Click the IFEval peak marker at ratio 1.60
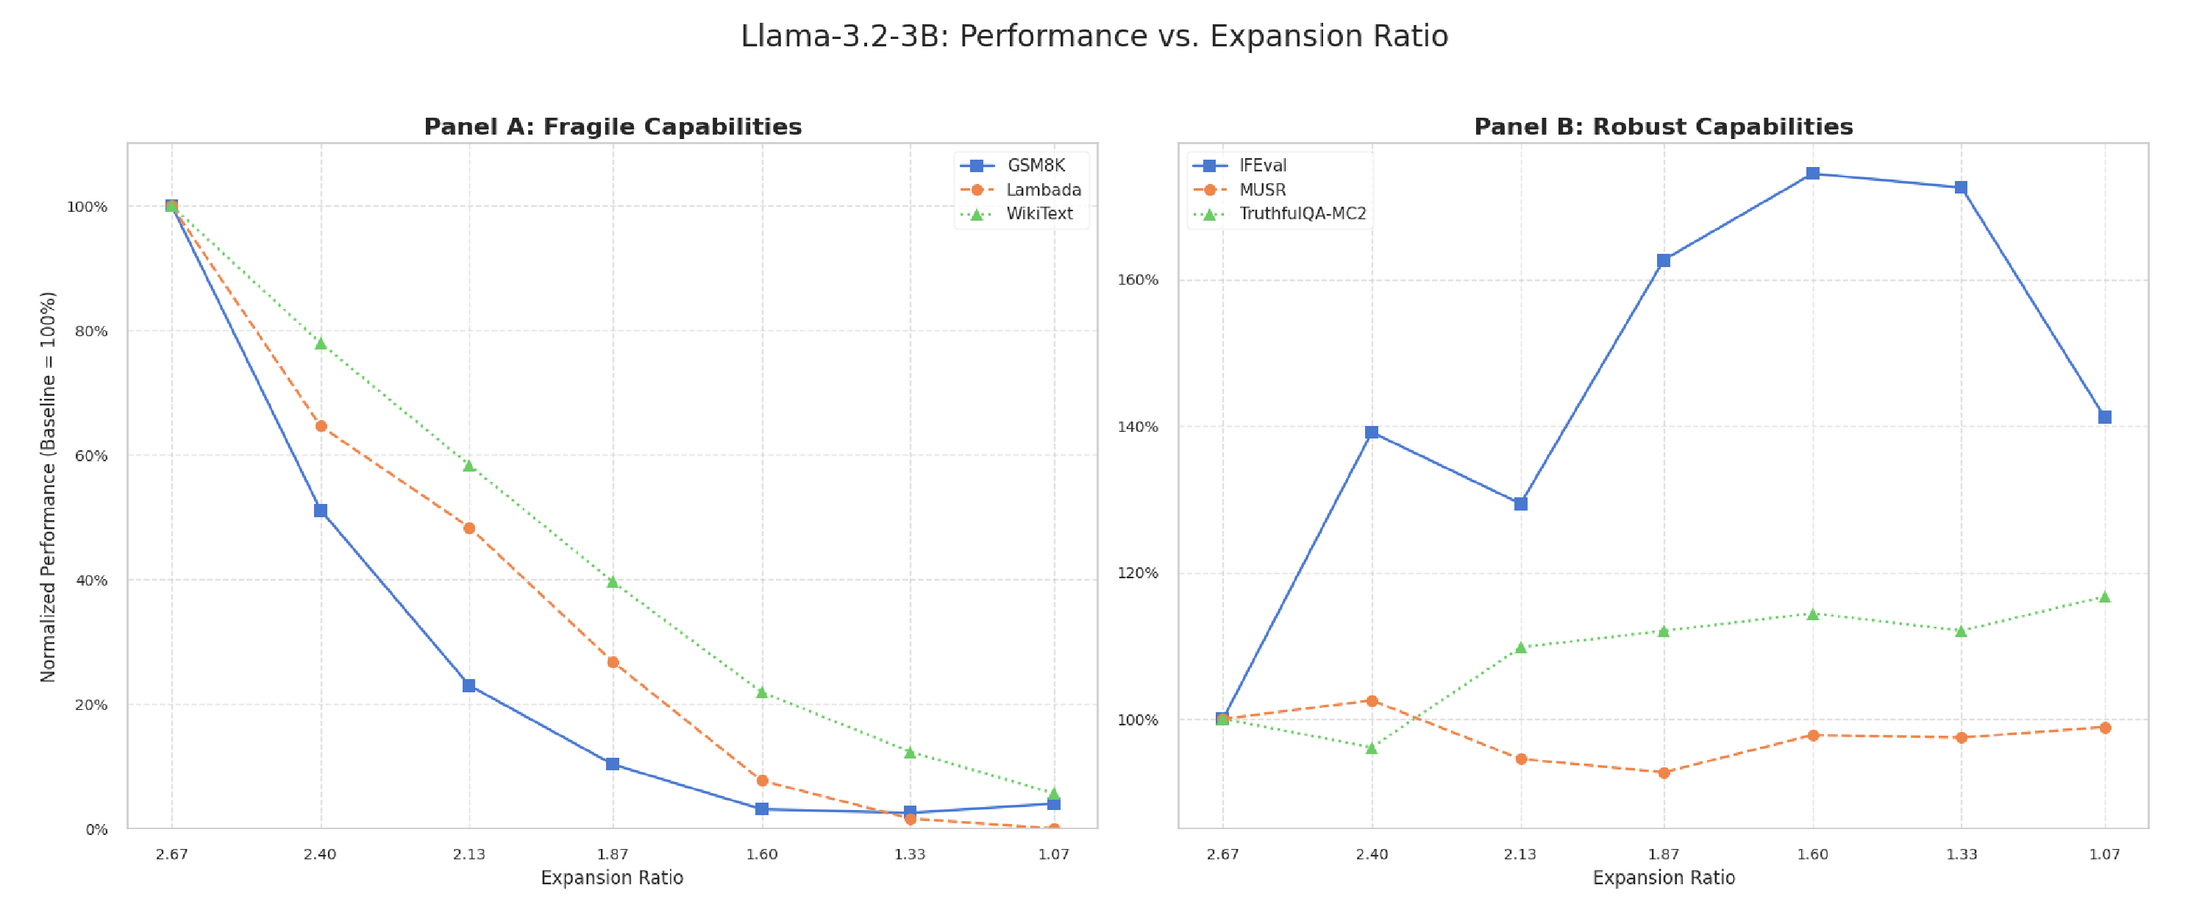(1812, 174)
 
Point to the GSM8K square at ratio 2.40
(321, 511)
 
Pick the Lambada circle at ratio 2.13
(469, 528)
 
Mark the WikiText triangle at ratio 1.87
(613, 582)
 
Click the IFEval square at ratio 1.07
(2105, 417)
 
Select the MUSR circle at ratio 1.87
(1664, 772)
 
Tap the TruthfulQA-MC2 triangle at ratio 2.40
(1371, 748)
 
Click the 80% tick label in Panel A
(91, 331)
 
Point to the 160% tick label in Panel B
(1137, 280)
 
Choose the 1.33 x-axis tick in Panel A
(909, 854)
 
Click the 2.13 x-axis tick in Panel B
(1520, 854)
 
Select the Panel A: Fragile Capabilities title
(613, 127)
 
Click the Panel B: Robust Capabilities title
(1663, 127)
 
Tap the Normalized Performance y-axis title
(49, 487)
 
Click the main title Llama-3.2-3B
(1094, 37)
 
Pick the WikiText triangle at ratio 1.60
(762, 692)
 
